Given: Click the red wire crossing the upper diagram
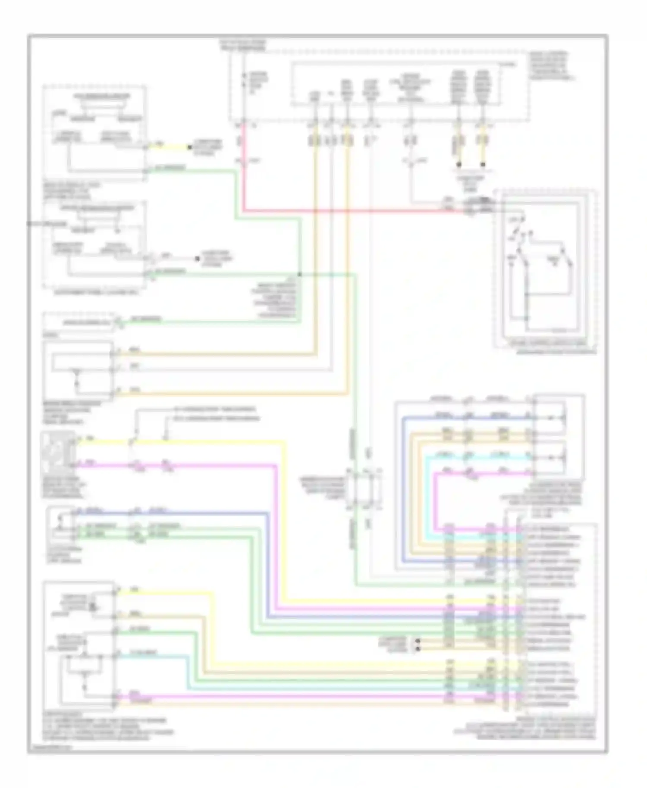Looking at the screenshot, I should (345, 211).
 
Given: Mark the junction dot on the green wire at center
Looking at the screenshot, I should (300, 274).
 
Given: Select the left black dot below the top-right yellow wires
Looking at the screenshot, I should (459, 165).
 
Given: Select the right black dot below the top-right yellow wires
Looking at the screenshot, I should (483, 165).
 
